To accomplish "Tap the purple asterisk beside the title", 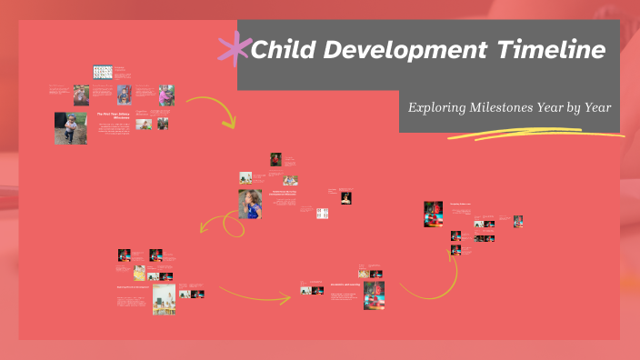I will tap(235, 47).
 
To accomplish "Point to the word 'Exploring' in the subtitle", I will tap(437, 107).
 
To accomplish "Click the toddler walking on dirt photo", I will tap(71, 128).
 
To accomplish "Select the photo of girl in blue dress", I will tap(250, 205).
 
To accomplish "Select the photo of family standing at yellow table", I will tap(165, 299).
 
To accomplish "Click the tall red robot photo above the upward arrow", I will tap(433, 214).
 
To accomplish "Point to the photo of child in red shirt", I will tap(275, 160).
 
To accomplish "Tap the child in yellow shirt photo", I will tap(139, 272).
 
